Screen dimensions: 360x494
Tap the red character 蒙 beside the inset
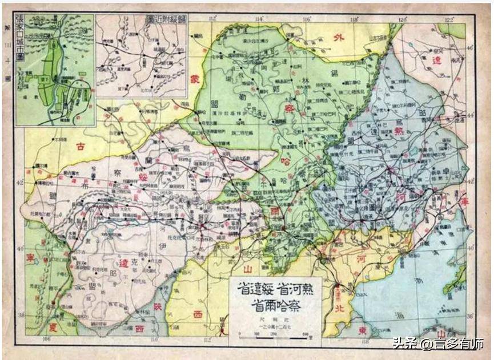click(x=195, y=78)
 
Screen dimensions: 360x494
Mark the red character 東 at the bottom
click(x=378, y=330)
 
